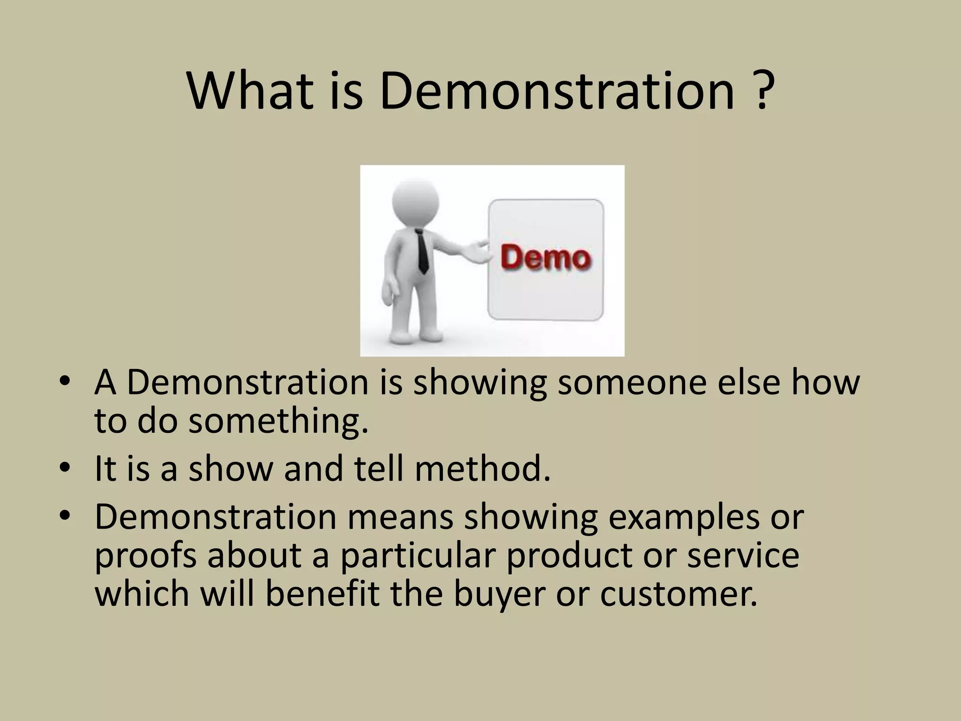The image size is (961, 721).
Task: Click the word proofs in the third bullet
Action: (x=145, y=556)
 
